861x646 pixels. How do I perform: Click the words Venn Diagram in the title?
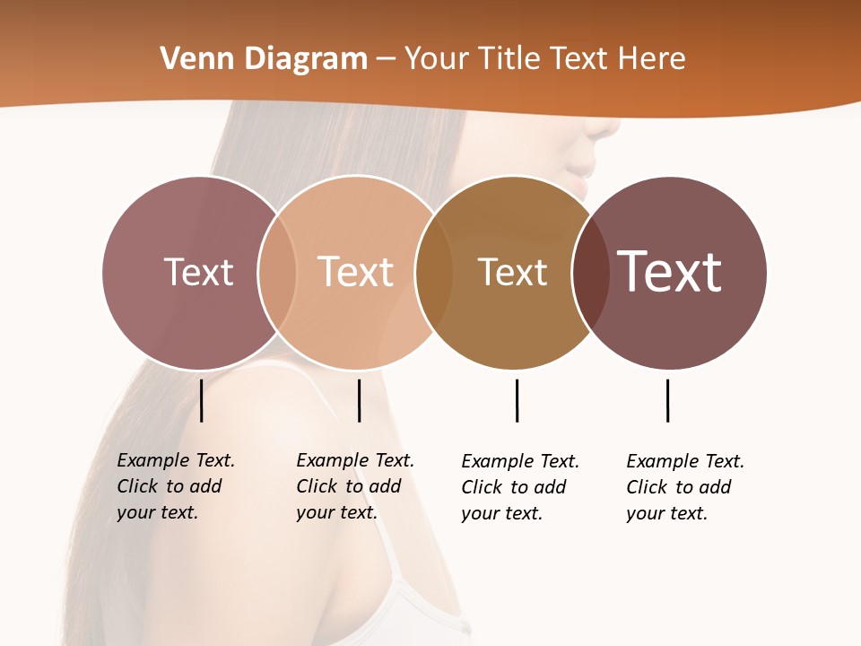[x=264, y=59]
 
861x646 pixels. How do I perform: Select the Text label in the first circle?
[x=198, y=272]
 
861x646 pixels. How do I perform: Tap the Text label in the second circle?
[x=355, y=272]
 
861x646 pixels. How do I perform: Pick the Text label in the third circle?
[x=512, y=272]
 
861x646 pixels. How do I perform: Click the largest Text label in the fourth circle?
[x=669, y=271]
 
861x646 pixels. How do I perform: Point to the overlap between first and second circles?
[x=277, y=273]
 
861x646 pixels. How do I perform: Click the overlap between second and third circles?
[x=434, y=273]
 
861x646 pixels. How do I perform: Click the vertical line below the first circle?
[x=202, y=400]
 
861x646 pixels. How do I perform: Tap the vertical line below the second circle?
[x=359, y=400]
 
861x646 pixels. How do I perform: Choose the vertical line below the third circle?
[x=517, y=400]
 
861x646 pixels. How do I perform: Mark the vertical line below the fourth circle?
[x=667, y=400]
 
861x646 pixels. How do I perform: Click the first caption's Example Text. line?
[x=176, y=460]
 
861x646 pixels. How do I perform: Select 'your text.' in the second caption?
[x=336, y=512]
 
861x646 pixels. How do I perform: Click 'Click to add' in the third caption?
[x=514, y=487]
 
